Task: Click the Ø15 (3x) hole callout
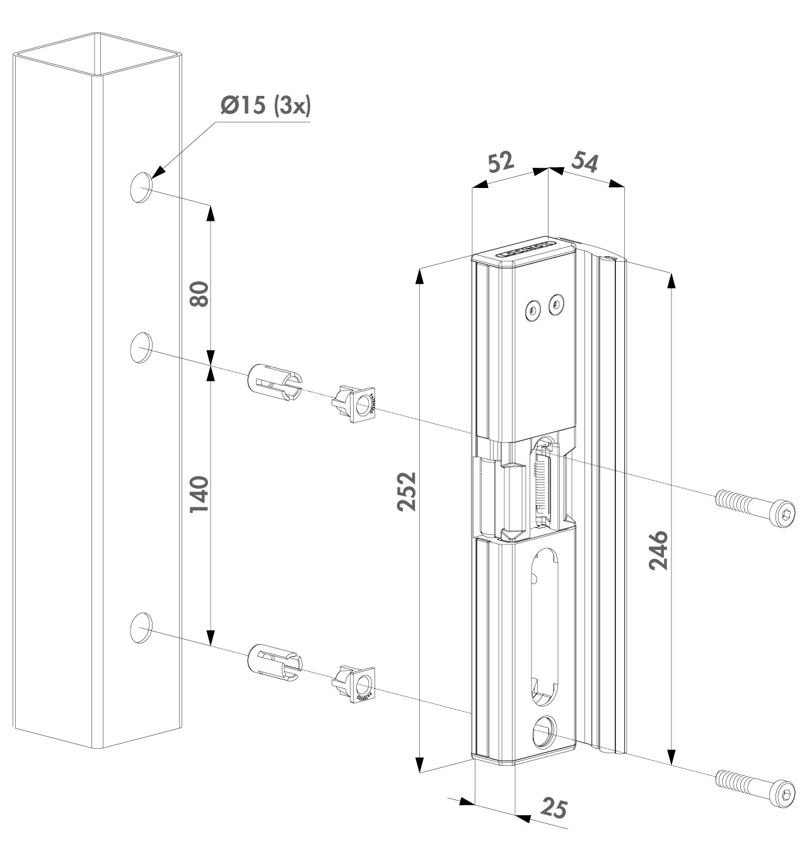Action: (265, 106)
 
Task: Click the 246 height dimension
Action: (658, 549)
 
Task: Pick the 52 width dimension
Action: (502, 163)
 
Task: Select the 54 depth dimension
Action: (584, 161)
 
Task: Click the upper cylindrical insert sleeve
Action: (276, 382)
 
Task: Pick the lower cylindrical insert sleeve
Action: (276, 664)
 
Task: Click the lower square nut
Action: (357, 684)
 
